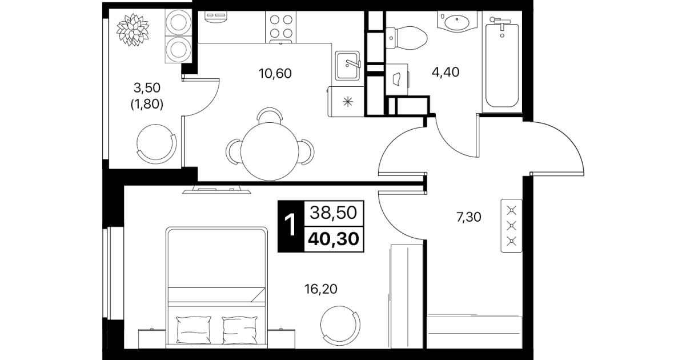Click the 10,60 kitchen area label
point(275,74)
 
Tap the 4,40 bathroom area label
point(446,73)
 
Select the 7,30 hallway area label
point(468,218)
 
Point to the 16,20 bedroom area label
point(320,289)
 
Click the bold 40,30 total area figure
point(334,239)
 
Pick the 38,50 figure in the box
point(334,213)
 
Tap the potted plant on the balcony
point(133,30)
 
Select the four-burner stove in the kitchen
point(281,27)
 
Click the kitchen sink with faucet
point(347,66)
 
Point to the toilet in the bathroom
point(406,38)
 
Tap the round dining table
point(270,151)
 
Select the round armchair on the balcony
point(156,144)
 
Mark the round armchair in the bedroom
point(340,325)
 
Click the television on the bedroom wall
point(216,190)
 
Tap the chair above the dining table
point(270,115)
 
